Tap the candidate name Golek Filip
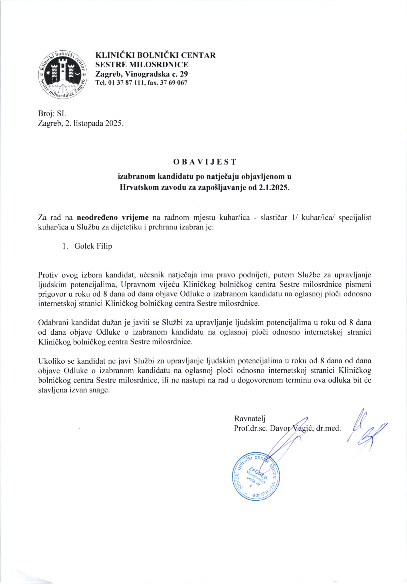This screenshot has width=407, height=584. click(x=93, y=246)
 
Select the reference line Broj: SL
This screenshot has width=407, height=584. click(x=52, y=114)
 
